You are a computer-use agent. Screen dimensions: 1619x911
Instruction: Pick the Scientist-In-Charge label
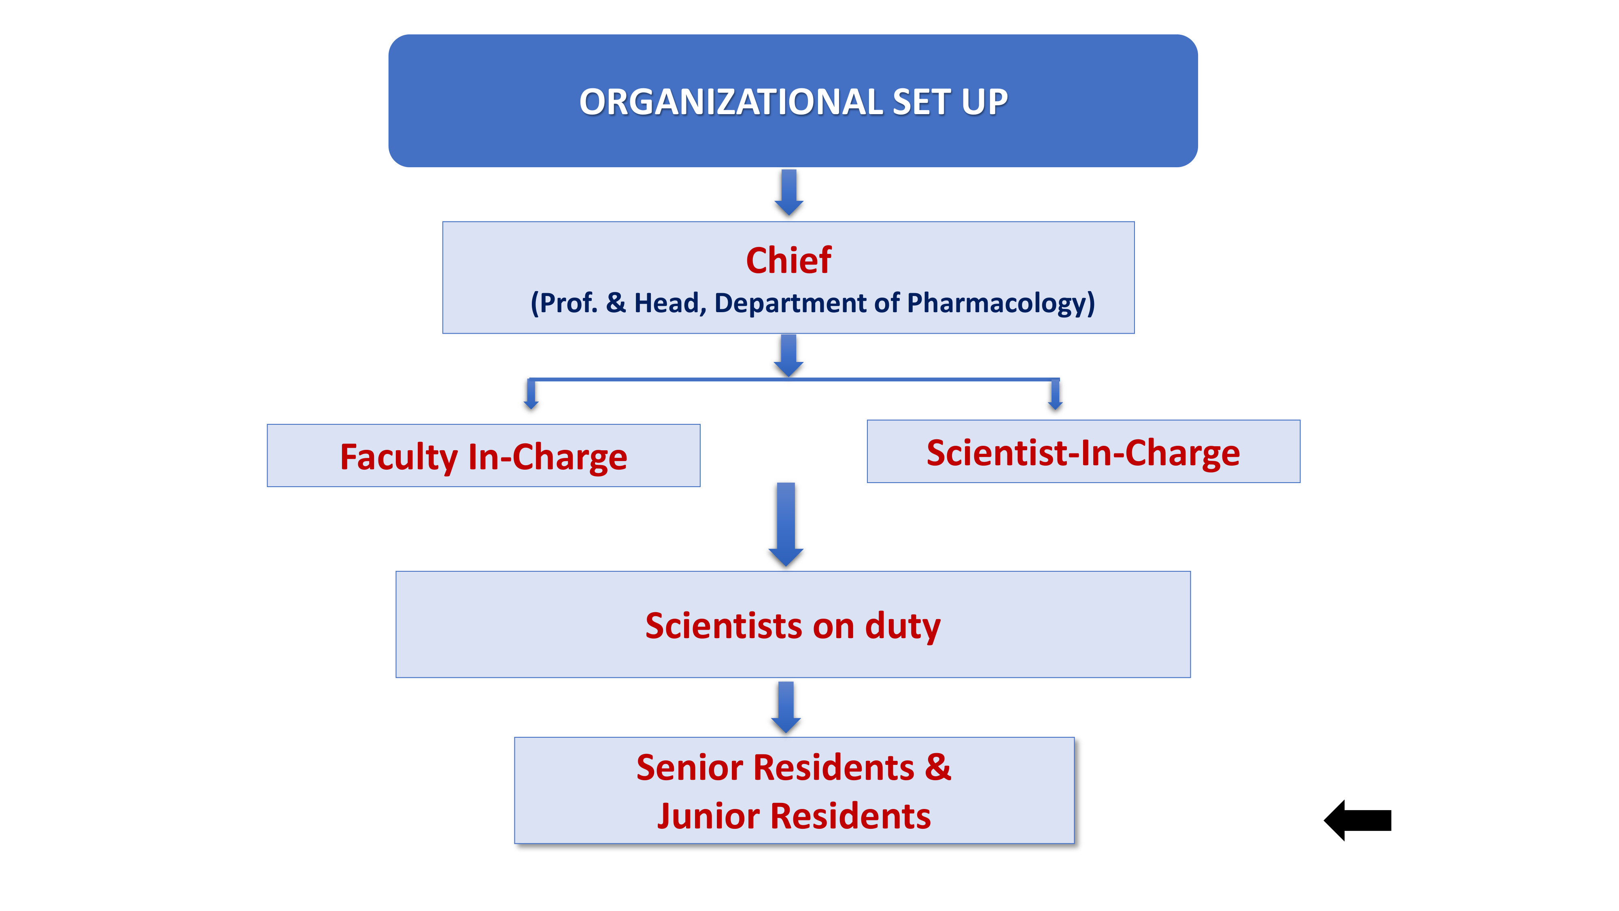(x=1083, y=453)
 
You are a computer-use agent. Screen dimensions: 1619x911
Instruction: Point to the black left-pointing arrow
(x=1358, y=820)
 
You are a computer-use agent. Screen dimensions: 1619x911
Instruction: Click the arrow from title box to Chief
(x=789, y=192)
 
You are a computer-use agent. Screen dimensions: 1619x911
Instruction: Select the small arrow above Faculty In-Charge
(x=531, y=395)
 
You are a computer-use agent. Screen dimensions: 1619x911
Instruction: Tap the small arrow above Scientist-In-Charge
(x=1055, y=395)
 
